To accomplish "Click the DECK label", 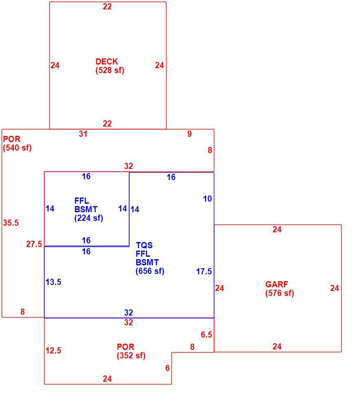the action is coord(107,62).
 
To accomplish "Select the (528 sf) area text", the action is coord(110,70).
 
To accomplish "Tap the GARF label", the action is coord(277,284).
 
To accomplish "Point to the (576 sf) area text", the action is coord(280,293).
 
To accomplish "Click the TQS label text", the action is coord(144,245).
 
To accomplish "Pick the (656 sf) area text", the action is coord(150,271).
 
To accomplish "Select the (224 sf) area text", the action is coord(89,218).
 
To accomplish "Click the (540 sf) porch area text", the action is coord(17,148).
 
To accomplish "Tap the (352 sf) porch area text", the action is coord(131,356).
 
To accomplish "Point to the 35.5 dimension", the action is coord(11,223).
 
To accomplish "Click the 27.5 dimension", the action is coord(34,244).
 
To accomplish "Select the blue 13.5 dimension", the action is coord(53,282).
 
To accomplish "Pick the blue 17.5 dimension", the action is coord(204,271).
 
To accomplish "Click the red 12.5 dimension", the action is coord(53,351).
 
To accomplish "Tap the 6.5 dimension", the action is coord(207,334).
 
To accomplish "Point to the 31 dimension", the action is coord(83,134).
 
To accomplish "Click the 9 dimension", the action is coord(189,134).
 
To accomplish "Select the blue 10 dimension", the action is coord(207,199).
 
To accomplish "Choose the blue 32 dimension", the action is coord(129,313).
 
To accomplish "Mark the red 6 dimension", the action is coord(167,368).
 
